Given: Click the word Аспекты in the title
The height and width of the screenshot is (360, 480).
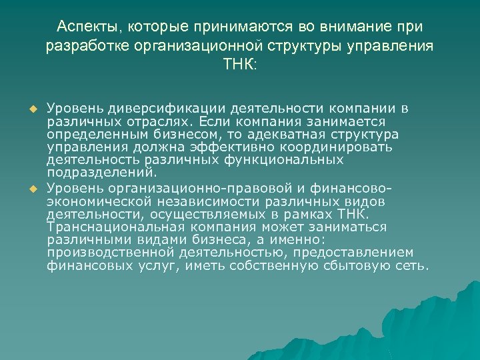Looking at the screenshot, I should click(82, 27).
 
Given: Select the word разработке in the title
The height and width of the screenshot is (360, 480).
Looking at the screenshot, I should click(86, 47).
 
